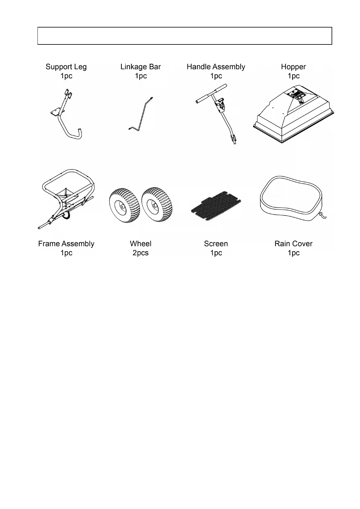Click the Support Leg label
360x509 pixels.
(66, 67)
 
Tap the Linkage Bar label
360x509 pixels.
(141, 67)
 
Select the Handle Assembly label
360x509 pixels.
(216, 67)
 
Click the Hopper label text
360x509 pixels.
(293, 67)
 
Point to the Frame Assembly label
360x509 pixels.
(66, 244)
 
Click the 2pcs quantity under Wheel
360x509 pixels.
(141, 253)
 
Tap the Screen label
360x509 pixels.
(216, 244)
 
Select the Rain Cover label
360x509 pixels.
(293, 244)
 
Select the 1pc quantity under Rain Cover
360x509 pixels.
(293, 253)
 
